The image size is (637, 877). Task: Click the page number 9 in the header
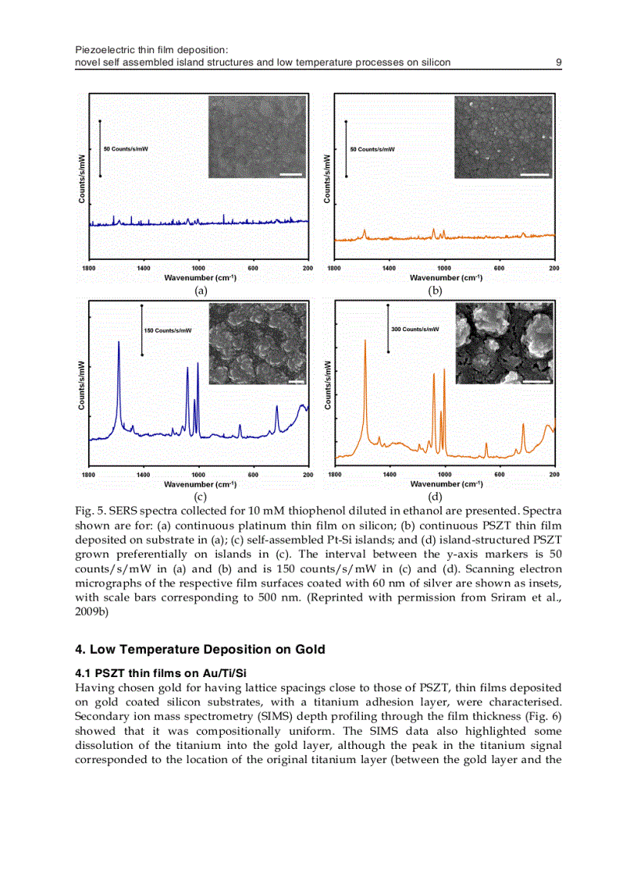point(558,62)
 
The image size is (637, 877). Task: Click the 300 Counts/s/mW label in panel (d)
point(415,329)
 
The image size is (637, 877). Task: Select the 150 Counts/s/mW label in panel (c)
point(168,330)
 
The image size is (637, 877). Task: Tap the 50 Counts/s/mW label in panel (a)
point(126,148)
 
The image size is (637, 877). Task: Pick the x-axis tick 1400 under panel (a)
point(144,268)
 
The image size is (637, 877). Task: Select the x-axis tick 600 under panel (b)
point(499,268)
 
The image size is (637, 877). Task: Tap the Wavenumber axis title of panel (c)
point(200,484)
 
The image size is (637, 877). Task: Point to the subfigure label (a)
point(201,290)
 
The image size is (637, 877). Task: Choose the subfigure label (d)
point(435,495)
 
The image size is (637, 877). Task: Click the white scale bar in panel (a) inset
point(290,175)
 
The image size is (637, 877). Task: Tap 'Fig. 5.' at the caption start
point(89,510)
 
